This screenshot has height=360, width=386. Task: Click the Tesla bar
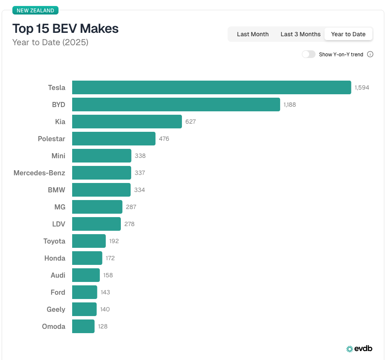click(x=211, y=87)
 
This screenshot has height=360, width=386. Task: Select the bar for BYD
click(x=176, y=105)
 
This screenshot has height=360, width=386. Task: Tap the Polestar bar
click(x=114, y=139)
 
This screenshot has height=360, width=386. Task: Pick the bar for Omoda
click(x=83, y=326)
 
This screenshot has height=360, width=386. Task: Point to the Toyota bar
click(x=89, y=241)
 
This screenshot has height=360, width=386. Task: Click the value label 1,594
click(x=362, y=87)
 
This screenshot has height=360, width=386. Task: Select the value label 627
click(x=190, y=122)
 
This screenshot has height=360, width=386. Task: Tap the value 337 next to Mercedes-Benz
click(x=140, y=173)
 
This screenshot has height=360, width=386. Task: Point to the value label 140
click(x=105, y=309)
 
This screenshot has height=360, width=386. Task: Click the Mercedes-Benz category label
click(x=39, y=173)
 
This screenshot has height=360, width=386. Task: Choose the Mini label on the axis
click(x=58, y=156)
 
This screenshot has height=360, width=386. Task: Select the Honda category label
click(x=55, y=258)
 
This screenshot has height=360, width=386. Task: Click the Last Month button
click(x=253, y=34)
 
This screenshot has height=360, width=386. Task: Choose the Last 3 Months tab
click(x=300, y=34)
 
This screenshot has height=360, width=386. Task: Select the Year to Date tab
click(x=348, y=34)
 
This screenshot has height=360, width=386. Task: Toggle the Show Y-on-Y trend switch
click(x=309, y=54)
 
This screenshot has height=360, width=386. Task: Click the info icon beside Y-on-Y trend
click(x=370, y=54)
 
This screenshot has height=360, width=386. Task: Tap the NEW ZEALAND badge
click(x=35, y=11)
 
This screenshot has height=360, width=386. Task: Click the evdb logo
click(x=359, y=348)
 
